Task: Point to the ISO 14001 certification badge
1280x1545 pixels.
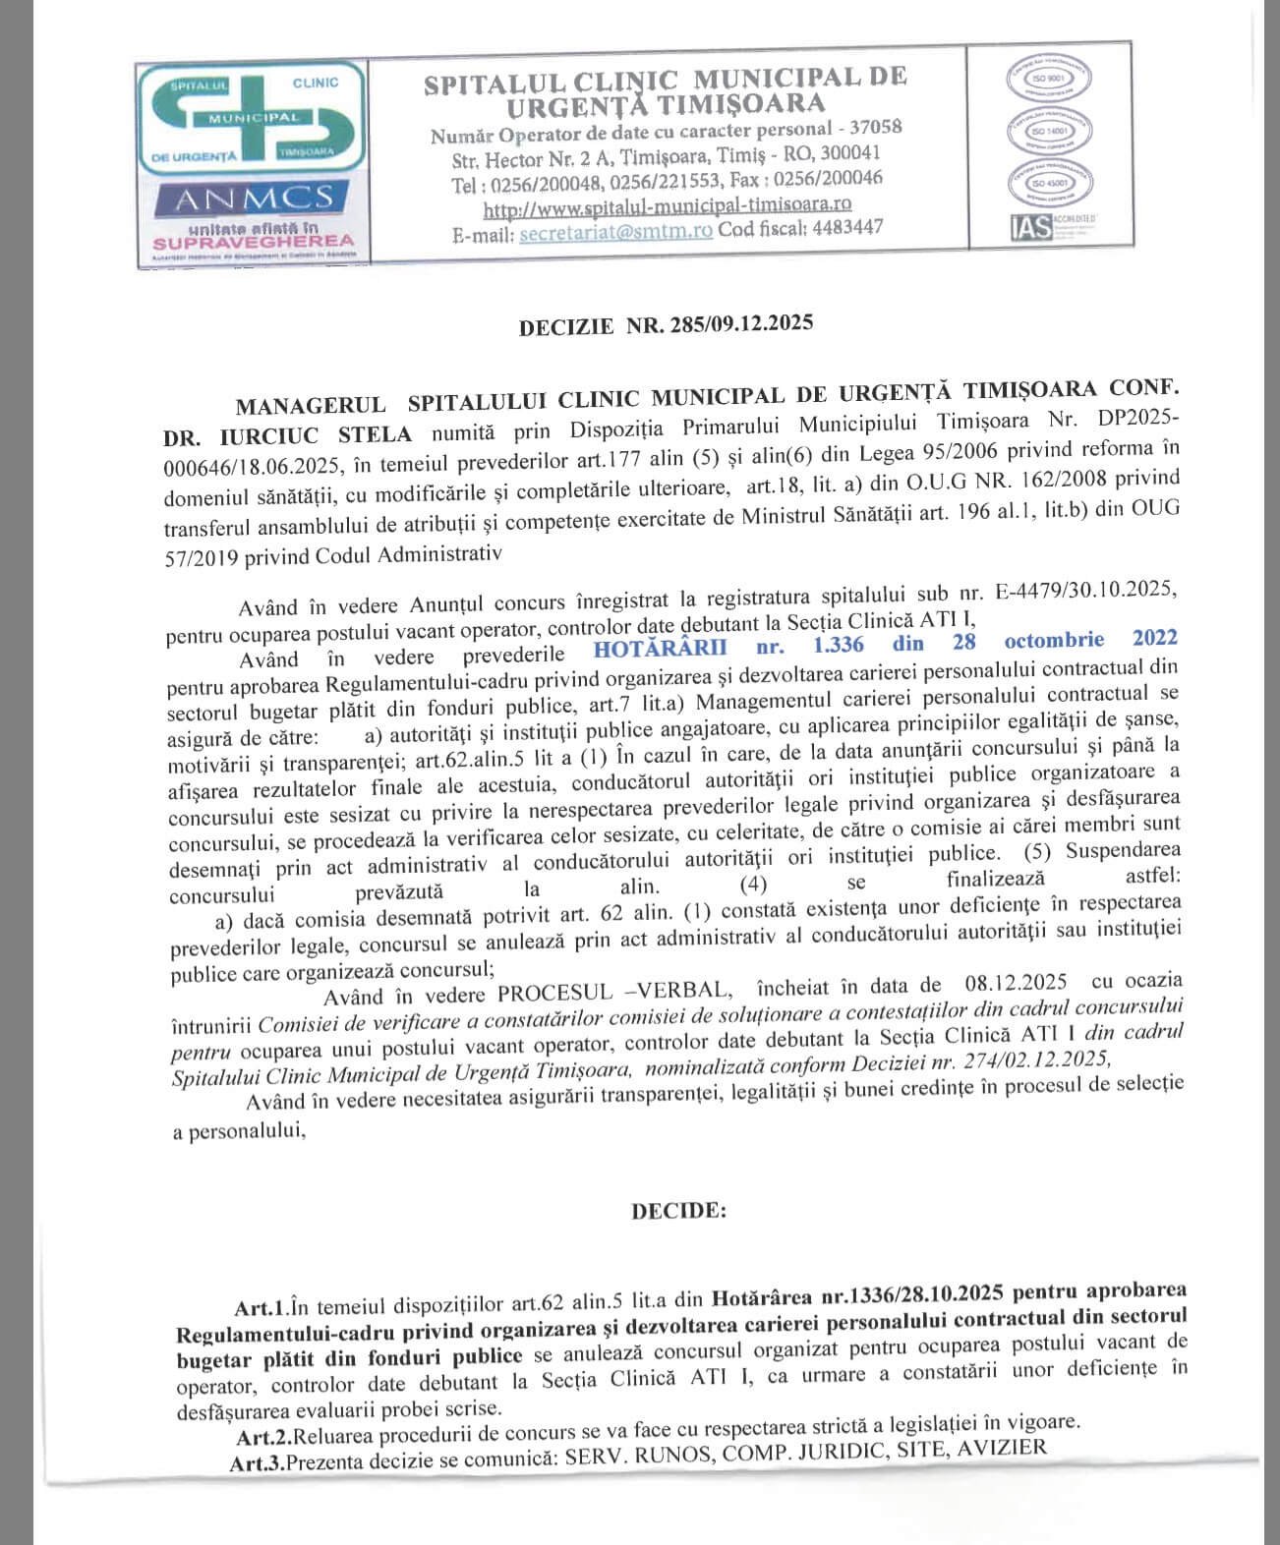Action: click(1049, 131)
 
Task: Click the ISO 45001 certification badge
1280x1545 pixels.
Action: click(1049, 183)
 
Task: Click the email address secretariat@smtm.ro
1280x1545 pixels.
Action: click(615, 233)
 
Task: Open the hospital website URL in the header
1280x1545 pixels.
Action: click(667, 206)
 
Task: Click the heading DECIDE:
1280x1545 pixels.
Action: click(678, 1211)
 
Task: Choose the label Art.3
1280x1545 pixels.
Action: click(257, 1462)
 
